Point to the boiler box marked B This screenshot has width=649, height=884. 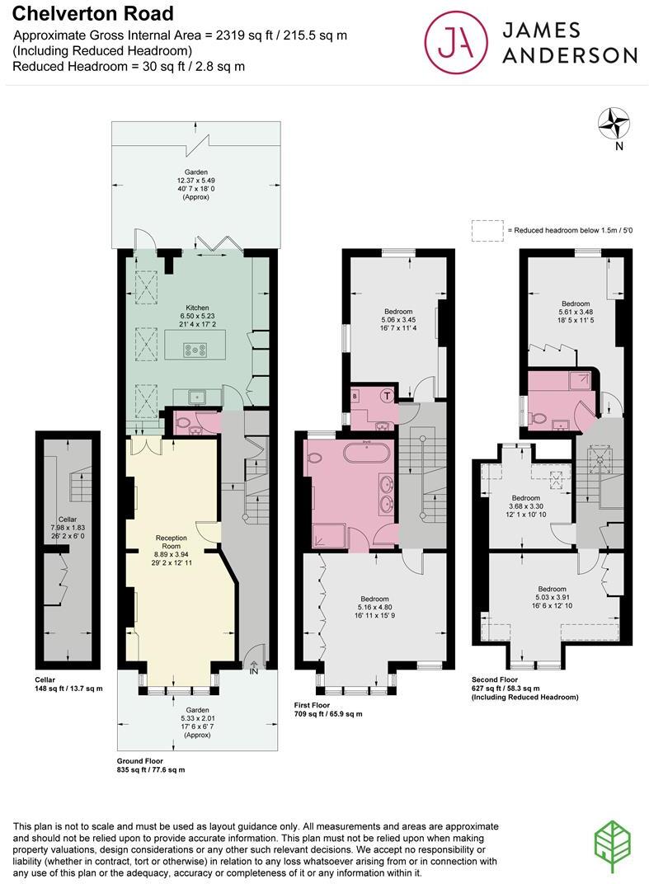(x=356, y=396)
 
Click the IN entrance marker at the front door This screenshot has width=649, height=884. (x=254, y=670)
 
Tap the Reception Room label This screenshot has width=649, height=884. (x=172, y=542)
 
